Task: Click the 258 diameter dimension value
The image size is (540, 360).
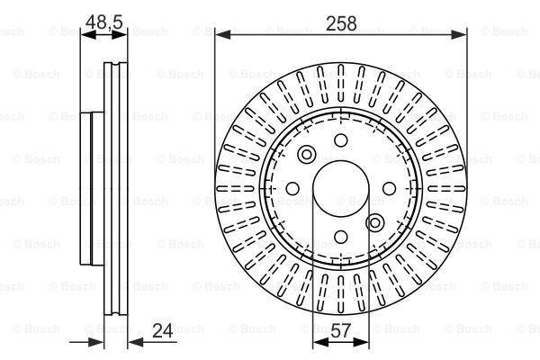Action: point(341,23)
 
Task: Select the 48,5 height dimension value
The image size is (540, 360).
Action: point(104,22)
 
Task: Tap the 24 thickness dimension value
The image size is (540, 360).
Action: point(162,330)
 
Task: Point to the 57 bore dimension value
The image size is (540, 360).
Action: point(340,330)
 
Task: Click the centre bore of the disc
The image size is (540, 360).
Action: point(341,188)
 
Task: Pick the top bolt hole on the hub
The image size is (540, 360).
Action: point(341,140)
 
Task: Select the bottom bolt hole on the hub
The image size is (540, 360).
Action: point(341,237)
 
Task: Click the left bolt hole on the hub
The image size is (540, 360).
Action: point(292,188)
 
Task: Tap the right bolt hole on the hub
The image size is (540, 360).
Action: point(389,188)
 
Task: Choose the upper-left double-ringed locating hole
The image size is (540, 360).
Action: point(307,154)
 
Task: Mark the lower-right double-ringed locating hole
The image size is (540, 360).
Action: point(374,223)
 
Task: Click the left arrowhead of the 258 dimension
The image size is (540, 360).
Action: point(222,34)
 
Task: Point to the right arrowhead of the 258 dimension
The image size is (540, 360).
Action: point(459,34)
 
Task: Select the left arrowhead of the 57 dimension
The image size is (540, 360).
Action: point(320,342)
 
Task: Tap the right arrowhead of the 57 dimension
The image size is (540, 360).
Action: point(361,342)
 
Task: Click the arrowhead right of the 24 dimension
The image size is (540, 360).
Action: point(136,342)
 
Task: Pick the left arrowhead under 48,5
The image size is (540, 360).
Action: point(88,34)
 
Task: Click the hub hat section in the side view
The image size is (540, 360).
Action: point(92,188)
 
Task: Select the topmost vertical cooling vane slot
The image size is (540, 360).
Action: point(341,83)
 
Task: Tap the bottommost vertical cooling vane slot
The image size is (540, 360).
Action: point(341,294)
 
